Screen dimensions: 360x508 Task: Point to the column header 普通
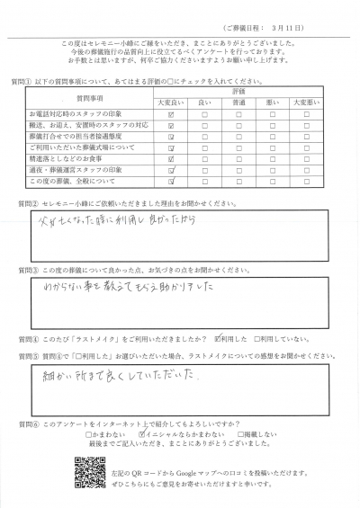pyautogui.click(x=239, y=103)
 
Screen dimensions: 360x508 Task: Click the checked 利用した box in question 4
pyautogui.click(x=217, y=339)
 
